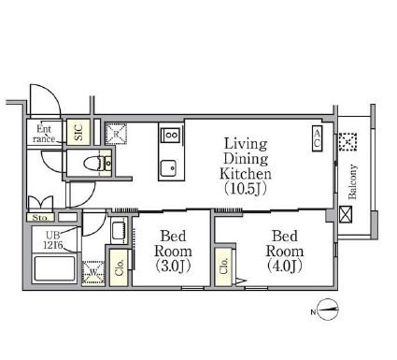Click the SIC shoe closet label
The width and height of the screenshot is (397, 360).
(78, 132)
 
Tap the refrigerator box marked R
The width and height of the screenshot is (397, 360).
(116, 134)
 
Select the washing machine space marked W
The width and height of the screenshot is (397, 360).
(93, 272)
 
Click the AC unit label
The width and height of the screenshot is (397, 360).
(317, 138)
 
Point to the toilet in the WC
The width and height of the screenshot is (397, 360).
(92, 163)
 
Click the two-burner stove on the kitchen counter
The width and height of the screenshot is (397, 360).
(171, 135)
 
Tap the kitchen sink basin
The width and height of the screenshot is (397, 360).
(168, 168)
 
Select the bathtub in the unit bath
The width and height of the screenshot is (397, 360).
(54, 268)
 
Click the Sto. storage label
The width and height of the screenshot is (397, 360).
(40, 217)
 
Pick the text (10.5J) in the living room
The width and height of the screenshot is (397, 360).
(245, 189)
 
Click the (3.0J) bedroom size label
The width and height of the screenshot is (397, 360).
(173, 266)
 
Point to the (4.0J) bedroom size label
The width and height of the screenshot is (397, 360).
(285, 266)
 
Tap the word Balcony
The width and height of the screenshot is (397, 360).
(353, 181)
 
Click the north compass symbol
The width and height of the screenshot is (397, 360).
(329, 310)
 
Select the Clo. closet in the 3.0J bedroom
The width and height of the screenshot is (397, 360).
(119, 267)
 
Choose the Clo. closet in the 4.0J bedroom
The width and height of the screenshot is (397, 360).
(223, 266)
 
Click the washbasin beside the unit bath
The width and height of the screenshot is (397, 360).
(119, 232)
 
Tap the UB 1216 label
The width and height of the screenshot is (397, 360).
(53, 240)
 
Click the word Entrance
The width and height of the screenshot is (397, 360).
(44, 134)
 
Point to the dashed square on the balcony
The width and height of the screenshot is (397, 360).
(347, 142)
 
